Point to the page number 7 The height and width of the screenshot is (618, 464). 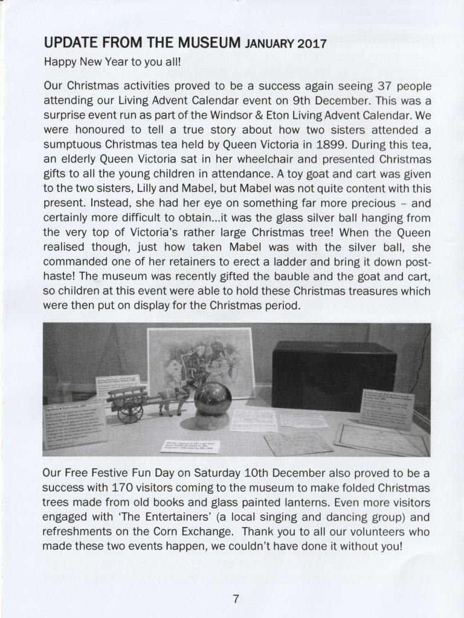coord(236,599)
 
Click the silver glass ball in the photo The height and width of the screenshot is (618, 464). coord(212,398)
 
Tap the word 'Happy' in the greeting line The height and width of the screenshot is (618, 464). coord(59,62)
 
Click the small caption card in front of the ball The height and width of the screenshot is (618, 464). coord(190,447)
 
